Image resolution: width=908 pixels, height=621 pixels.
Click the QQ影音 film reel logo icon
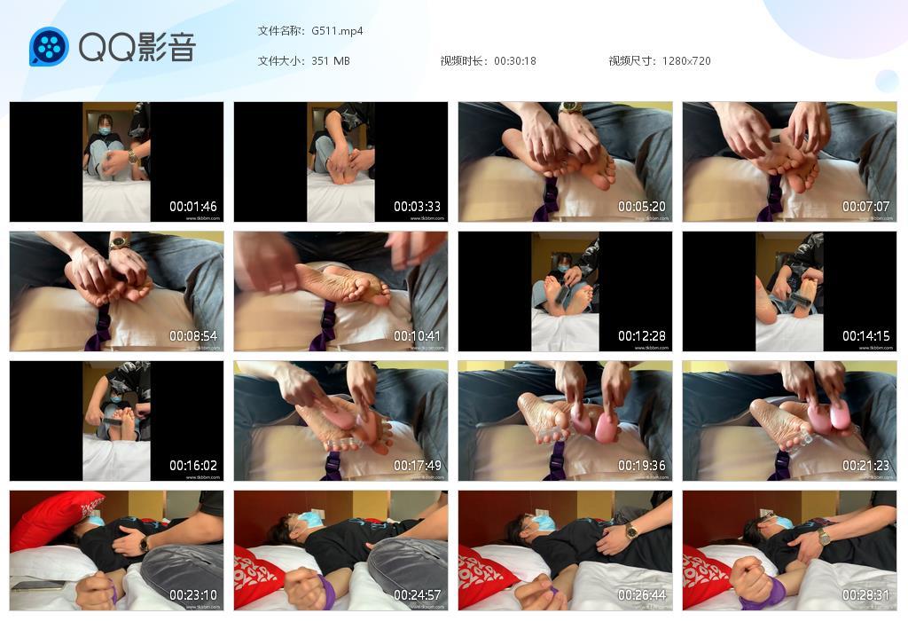tap(49, 46)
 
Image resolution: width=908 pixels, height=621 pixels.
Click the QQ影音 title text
tap(137, 47)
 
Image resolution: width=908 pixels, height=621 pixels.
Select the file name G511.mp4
tap(337, 31)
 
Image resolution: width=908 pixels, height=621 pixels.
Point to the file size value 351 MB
tap(331, 61)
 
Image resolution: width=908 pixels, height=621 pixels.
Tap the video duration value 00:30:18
tap(515, 61)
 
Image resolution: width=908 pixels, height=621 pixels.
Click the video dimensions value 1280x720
tap(686, 61)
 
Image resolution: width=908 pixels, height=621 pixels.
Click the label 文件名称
tap(279, 31)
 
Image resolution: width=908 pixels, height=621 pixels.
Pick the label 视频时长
tap(462, 61)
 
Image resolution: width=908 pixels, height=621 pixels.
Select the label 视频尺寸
tap(630, 61)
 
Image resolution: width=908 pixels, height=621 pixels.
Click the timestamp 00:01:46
tap(193, 207)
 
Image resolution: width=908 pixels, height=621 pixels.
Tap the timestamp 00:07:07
tap(865, 207)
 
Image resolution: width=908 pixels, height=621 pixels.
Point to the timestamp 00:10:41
tap(417, 336)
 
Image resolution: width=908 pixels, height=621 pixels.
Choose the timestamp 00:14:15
tap(865, 336)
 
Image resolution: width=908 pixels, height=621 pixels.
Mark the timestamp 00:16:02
tap(193, 466)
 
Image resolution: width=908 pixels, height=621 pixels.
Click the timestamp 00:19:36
tap(641, 466)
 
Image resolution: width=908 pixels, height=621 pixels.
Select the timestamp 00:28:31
tap(865, 595)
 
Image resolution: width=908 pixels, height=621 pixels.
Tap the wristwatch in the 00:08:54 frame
tap(119, 242)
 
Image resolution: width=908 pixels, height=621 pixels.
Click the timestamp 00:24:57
tap(417, 595)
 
